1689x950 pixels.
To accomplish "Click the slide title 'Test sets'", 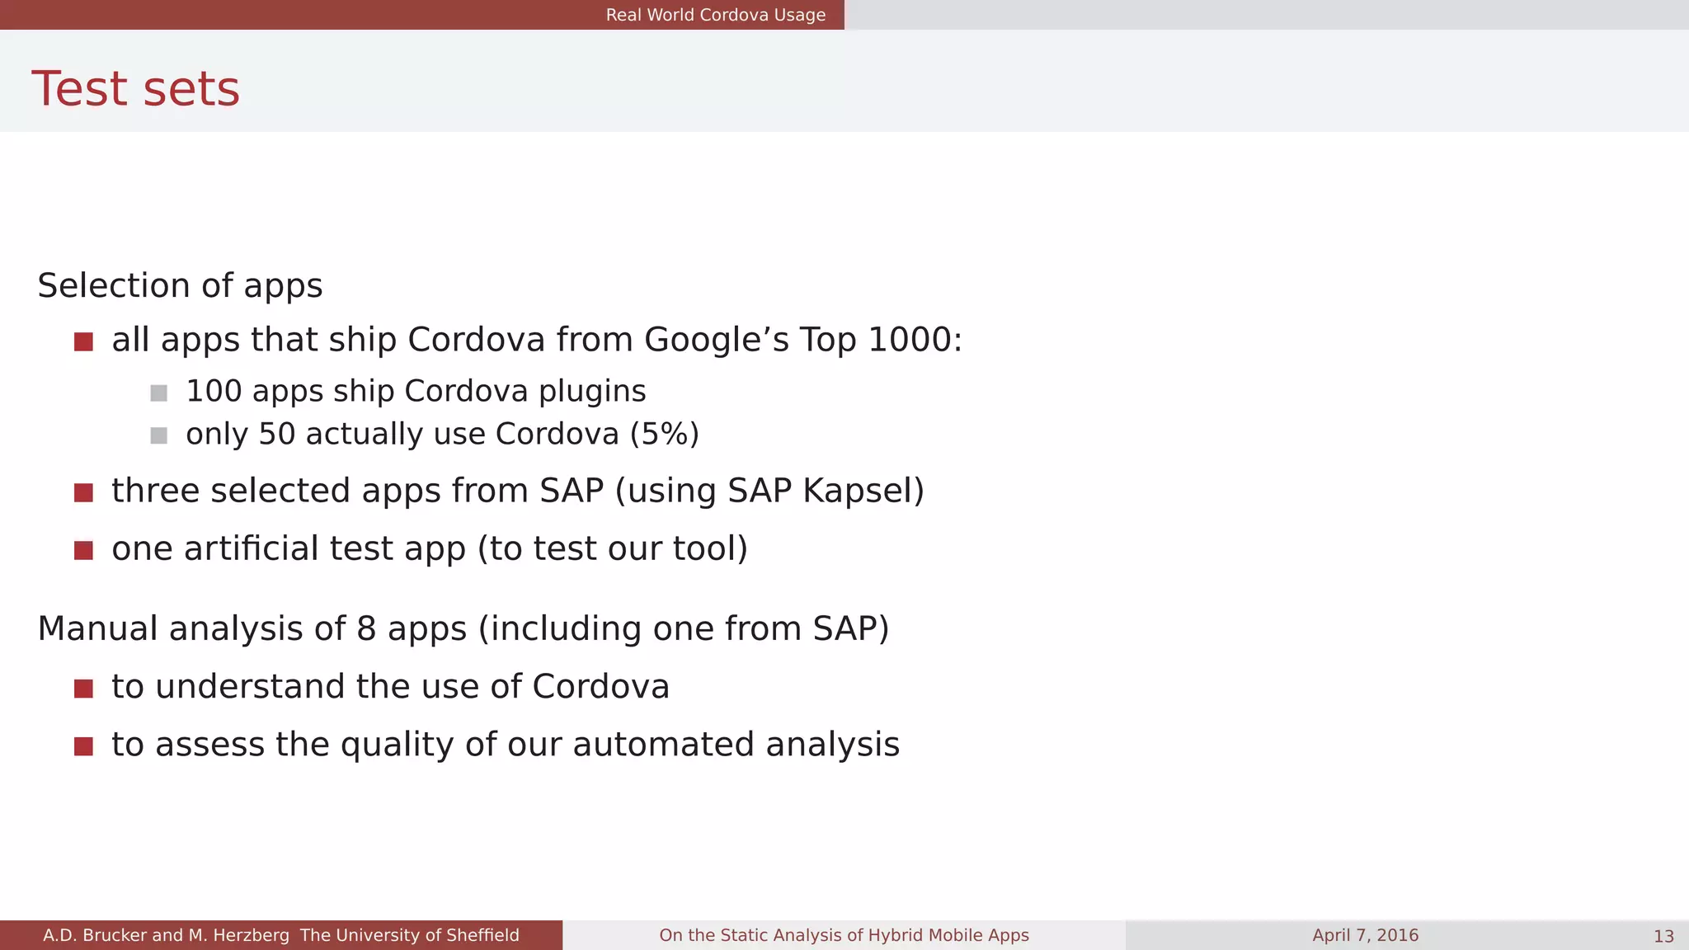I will (x=135, y=89).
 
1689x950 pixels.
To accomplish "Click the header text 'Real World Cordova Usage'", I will (x=715, y=15).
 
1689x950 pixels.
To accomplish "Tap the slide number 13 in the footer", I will (x=1663, y=936).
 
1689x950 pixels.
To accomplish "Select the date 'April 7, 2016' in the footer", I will (x=1365, y=935).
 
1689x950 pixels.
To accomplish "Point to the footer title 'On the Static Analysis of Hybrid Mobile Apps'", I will (x=844, y=935).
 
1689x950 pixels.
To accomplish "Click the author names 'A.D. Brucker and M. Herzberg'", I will (x=166, y=935).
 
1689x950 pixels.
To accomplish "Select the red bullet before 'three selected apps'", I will (x=83, y=492).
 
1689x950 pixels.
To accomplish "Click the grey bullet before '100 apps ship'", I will (x=159, y=393).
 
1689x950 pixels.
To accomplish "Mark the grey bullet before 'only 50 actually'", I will (x=159, y=435).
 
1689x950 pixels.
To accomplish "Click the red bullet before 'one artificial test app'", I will (x=83, y=550).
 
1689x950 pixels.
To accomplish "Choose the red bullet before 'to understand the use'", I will (x=83, y=689).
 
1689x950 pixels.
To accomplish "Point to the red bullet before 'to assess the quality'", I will (x=83, y=746).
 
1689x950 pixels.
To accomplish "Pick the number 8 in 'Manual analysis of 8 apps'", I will (x=366, y=628).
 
